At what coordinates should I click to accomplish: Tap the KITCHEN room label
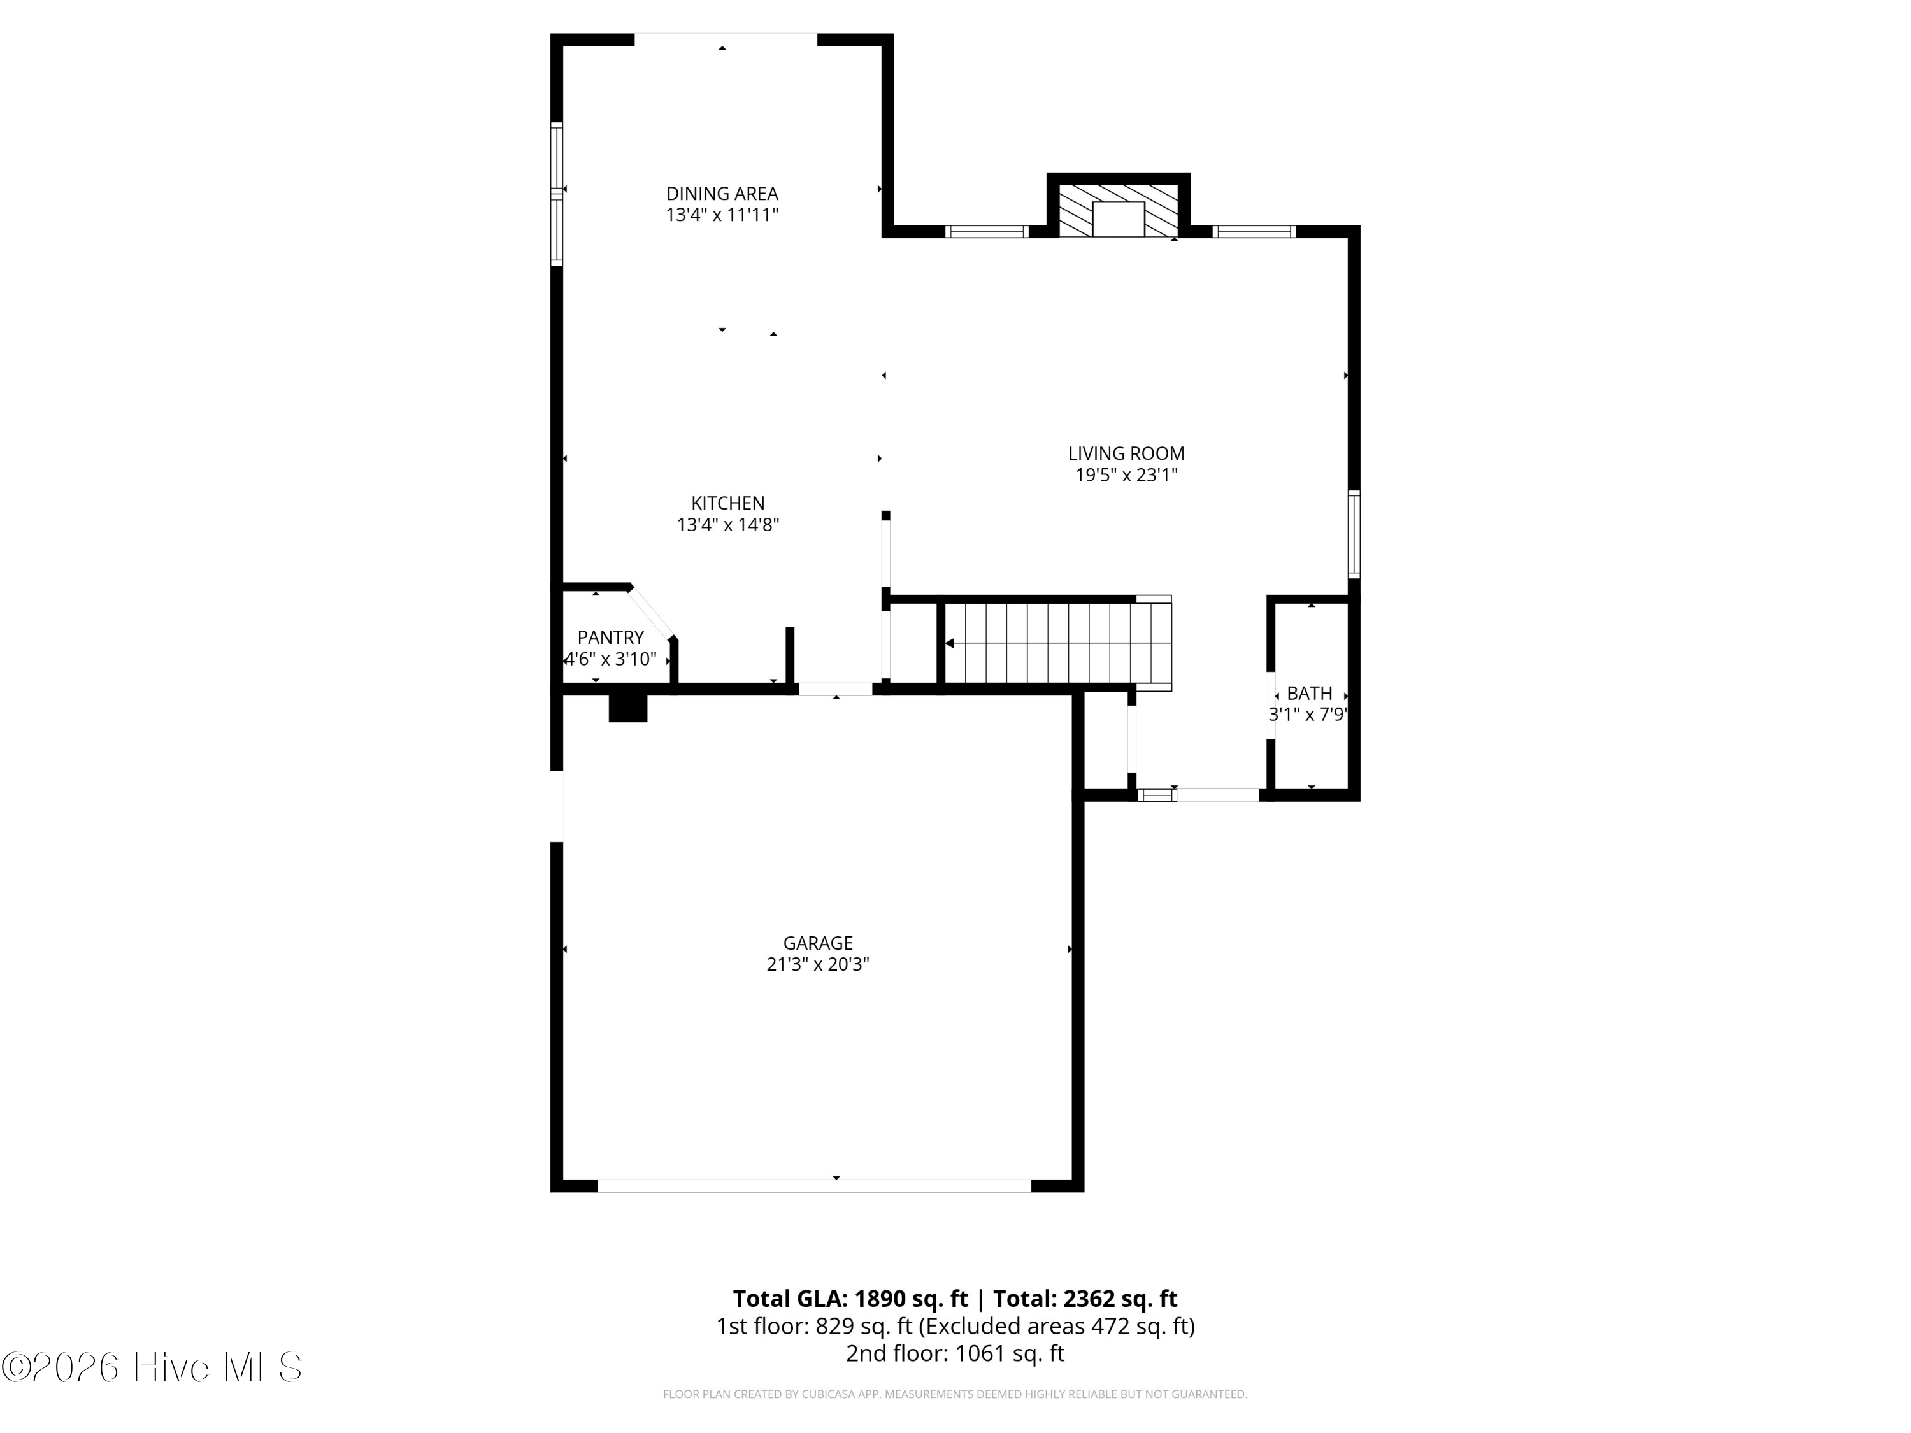(x=727, y=503)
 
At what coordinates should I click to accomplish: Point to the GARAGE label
(x=817, y=943)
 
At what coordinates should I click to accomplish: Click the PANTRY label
(x=610, y=638)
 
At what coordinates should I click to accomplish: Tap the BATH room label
(x=1309, y=693)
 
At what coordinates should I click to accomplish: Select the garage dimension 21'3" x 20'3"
(x=817, y=965)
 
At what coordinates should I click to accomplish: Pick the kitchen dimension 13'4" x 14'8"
(x=727, y=524)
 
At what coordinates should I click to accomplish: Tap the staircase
(x=1057, y=643)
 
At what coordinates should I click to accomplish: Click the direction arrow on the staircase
(x=950, y=643)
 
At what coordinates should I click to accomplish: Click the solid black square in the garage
(x=628, y=708)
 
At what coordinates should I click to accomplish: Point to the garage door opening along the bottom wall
(x=814, y=1186)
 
